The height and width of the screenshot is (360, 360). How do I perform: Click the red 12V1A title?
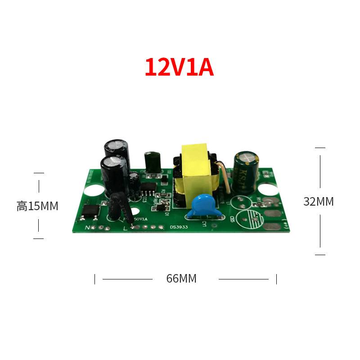click(179, 67)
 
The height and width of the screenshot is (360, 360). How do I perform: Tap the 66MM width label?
click(181, 279)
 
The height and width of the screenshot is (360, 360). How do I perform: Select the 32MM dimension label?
click(318, 202)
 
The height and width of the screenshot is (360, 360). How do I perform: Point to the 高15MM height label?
click(37, 206)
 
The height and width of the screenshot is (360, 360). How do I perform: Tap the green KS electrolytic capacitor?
click(245, 171)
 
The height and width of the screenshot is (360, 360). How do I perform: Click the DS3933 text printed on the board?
click(179, 228)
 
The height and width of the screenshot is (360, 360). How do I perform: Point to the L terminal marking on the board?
click(126, 228)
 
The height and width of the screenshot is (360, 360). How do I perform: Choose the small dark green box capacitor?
click(152, 162)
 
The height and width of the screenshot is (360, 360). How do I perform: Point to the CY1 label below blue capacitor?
click(203, 223)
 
